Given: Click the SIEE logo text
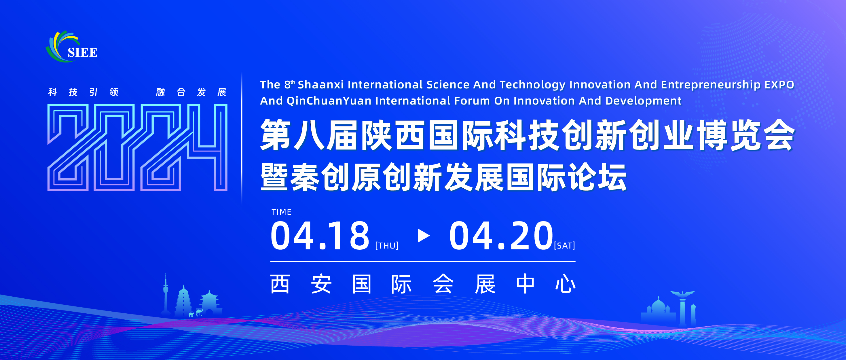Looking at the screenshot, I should coord(82,52).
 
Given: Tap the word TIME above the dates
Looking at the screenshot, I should coord(281,212).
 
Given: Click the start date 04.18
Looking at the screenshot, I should coord(320,236).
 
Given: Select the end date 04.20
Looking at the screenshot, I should coord(500,236).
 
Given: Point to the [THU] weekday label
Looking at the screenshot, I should coord(387,246).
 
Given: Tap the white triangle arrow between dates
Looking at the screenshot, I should coord(423,236).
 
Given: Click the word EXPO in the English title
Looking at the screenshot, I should coord(779,85).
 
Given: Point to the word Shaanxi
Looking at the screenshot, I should coord(320,85).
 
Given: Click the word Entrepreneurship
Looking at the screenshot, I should coord(711,85).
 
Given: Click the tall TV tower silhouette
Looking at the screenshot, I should coord(166,294).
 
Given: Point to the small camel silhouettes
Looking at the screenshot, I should coord(196,313).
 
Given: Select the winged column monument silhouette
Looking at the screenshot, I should coord(682,307).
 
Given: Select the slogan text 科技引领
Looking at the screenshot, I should coord(83,92).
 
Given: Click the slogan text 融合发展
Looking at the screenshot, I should coord(191,92).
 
